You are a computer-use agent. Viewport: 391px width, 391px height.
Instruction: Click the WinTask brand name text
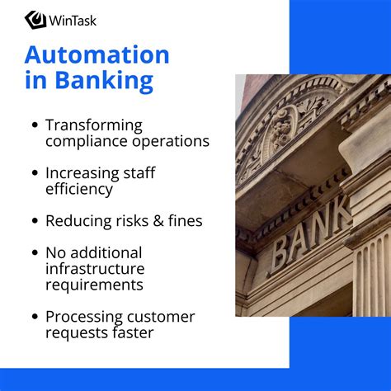[x=73, y=19]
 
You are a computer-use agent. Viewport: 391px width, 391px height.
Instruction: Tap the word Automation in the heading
[x=97, y=55]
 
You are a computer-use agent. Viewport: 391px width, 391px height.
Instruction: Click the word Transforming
[x=94, y=125]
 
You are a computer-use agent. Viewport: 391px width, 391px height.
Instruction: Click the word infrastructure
[x=95, y=269]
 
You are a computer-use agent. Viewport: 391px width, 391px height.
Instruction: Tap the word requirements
[x=94, y=285]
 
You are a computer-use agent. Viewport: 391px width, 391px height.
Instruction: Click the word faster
[x=131, y=333]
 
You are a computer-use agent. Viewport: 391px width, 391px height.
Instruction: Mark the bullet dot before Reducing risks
[x=35, y=221]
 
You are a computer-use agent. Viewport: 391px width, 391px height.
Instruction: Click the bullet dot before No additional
[x=35, y=253]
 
